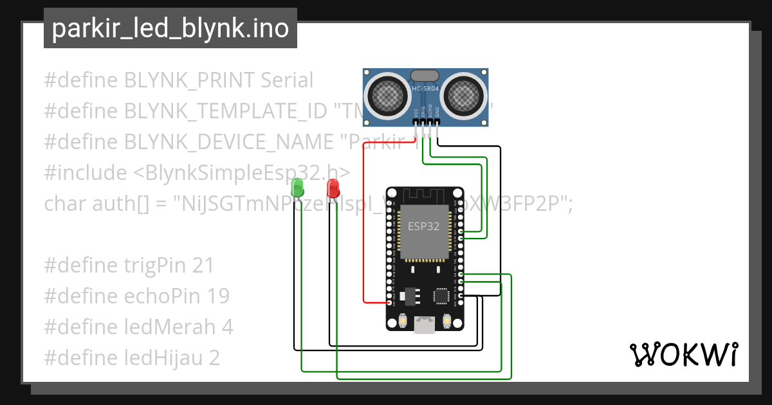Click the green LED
point(297,187)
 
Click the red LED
point(333,188)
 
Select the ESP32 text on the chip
point(424,226)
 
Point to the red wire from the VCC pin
point(364,219)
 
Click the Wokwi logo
point(683,354)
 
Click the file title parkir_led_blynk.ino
point(170,28)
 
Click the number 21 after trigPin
point(203,265)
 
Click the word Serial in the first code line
point(287,80)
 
